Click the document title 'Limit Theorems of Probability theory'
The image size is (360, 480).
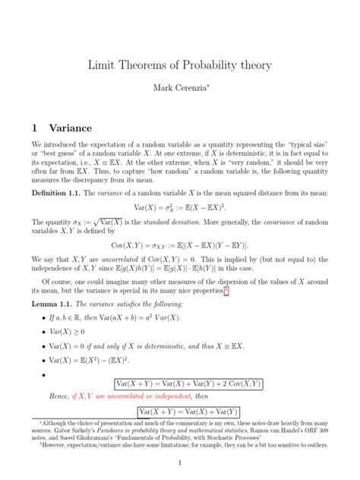click(180, 66)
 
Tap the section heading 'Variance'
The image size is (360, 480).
click(70, 128)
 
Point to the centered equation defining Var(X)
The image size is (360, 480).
click(181, 208)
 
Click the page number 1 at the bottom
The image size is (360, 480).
click(179, 463)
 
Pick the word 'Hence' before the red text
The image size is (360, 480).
click(58, 396)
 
